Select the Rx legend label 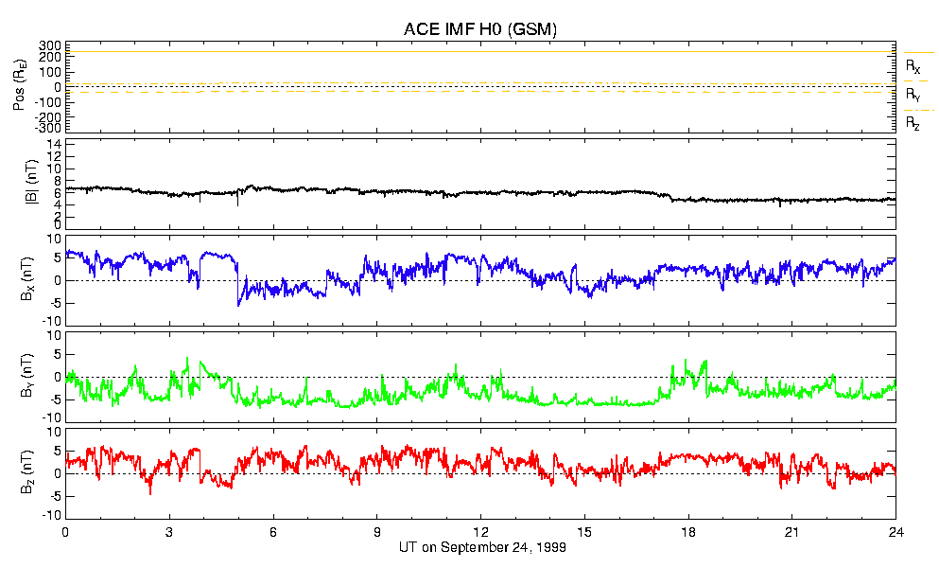pyautogui.click(x=913, y=67)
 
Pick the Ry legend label pyautogui.click(x=913, y=96)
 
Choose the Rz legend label pyautogui.click(x=913, y=123)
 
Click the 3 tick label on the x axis pyautogui.click(x=169, y=532)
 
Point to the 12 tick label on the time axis pyautogui.click(x=480, y=532)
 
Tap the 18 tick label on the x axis pyautogui.click(x=688, y=532)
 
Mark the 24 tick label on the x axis pyautogui.click(x=896, y=532)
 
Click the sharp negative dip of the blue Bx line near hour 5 pyautogui.click(x=238, y=304)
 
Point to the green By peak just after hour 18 pyautogui.click(x=704, y=361)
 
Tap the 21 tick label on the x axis pyautogui.click(x=792, y=532)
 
